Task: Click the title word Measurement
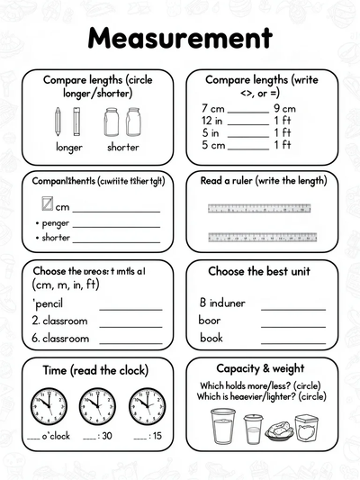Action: click(180, 38)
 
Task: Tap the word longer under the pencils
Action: click(69, 147)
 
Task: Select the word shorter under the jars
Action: click(123, 147)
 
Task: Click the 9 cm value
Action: click(283, 108)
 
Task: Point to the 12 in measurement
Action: click(212, 121)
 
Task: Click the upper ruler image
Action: click(260, 208)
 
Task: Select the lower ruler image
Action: click(260, 238)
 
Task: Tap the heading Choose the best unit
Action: click(260, 271)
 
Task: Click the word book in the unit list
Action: click(211, 338)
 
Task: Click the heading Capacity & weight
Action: click(260, 369)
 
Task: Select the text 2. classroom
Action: click(59, 321)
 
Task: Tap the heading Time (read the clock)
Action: click(95, 370)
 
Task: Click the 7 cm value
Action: click(212, 108)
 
